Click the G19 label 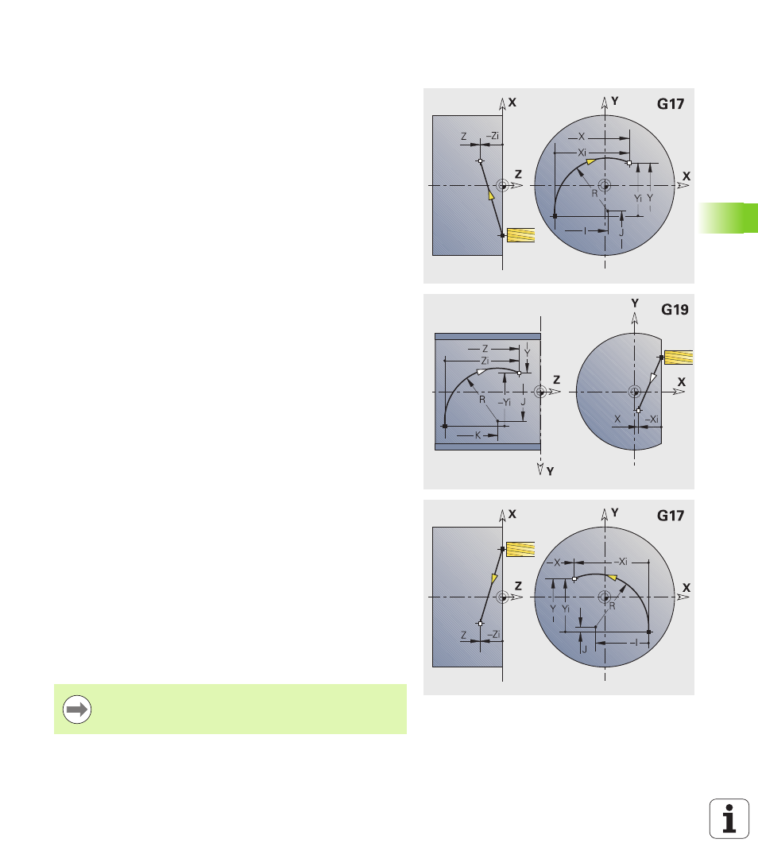[x=675, y=309]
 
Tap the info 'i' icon [x=729, y=818]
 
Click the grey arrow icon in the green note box [x=77, y=709]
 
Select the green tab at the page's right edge [x=728, y=218]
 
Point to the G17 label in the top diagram [x=670, y=104]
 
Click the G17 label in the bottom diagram [x=670, y=516]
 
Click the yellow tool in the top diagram [x=520, y=235]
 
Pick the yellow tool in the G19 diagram [x=679, y=357]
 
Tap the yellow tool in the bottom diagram [x=520, y=549]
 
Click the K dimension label [x=478, y=435]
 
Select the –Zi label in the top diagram [x=493, y=136]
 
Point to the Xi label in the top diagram [x=582, y=153]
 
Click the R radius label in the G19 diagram [x=482, y=400]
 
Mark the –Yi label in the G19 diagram [x=505, y=402]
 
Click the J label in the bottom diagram [x=584, y=650]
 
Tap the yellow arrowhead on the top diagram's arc [x=590, y=161]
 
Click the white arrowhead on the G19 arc [x=481, y=372]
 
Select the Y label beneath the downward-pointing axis [x=550, y=471]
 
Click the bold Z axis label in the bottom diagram [x=518, y=586]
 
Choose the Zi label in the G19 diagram [x=485, y=361]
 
